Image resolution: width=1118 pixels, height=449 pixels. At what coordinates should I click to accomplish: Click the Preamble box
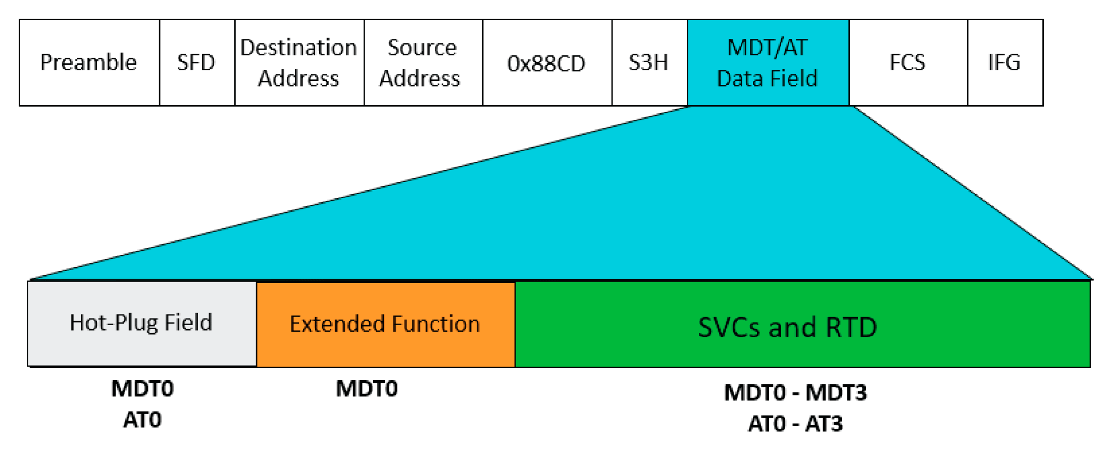click(x=89, y=63)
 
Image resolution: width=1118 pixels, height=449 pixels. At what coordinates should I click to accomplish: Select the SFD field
click(x=196, y=63)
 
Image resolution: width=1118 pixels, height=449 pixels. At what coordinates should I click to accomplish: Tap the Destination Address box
click(x=299, y=63)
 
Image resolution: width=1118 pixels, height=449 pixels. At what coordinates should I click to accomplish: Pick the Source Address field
click(x=423, y=63)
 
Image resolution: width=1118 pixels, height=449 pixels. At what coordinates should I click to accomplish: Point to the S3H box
click(x=649, y=63)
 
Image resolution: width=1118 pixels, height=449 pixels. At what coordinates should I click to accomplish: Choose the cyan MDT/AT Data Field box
click(x=768, y=63)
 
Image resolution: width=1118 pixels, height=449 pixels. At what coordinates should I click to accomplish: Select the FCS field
click(x=907, y=63)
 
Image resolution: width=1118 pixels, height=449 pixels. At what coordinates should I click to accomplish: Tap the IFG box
click(x=1004, y=63)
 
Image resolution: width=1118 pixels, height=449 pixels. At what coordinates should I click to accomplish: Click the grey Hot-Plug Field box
click(x=141, y=323)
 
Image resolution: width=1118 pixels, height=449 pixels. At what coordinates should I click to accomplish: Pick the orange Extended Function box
click(x=385, y=324)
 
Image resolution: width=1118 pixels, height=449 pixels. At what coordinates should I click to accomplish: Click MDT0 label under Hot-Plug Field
click(x=142, y=389)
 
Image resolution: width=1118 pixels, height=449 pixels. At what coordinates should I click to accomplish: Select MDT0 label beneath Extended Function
click(x=367, y=389)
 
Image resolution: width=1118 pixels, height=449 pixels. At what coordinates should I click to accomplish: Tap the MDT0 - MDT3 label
click(x=795, y=393)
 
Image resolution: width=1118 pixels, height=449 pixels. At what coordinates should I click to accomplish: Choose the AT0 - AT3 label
click(x=795, y=424)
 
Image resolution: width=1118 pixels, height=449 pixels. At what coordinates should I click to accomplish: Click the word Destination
click(x=299, y=48)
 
